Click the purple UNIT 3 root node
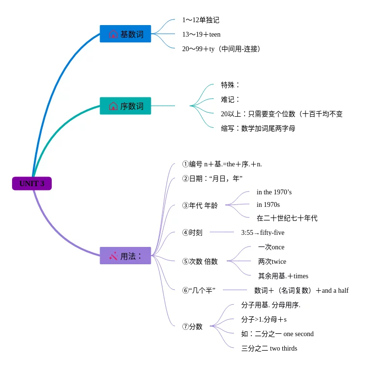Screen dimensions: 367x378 tap(32, 183)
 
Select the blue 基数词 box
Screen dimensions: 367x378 tap(125, 34)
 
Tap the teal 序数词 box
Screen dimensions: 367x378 tap(125, 106)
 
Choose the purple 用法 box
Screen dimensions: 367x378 tap(125, 256)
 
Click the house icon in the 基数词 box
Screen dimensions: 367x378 tap(113, 34)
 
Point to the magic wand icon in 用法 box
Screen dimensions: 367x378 tap(114, 256)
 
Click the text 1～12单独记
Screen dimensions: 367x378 tap(201, 20)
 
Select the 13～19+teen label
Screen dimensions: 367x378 tap(201, 35)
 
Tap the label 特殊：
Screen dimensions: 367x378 tap(230, 85)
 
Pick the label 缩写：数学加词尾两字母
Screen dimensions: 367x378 tap(258, 128)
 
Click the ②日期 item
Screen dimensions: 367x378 tap(212, 178)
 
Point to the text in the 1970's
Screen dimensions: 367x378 tap(274, 192)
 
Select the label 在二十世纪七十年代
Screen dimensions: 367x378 tap(287, 218)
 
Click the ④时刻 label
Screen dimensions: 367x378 tap(192, 232)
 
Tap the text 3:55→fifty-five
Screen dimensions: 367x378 tap(262, 232)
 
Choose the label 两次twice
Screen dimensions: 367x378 tap(272, 261)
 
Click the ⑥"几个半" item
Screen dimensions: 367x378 tap(199, 290)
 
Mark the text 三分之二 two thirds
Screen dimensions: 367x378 tap(269, 348)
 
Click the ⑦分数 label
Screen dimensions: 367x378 tap(192, 326)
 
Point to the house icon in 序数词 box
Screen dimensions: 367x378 tap(113, 106)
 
